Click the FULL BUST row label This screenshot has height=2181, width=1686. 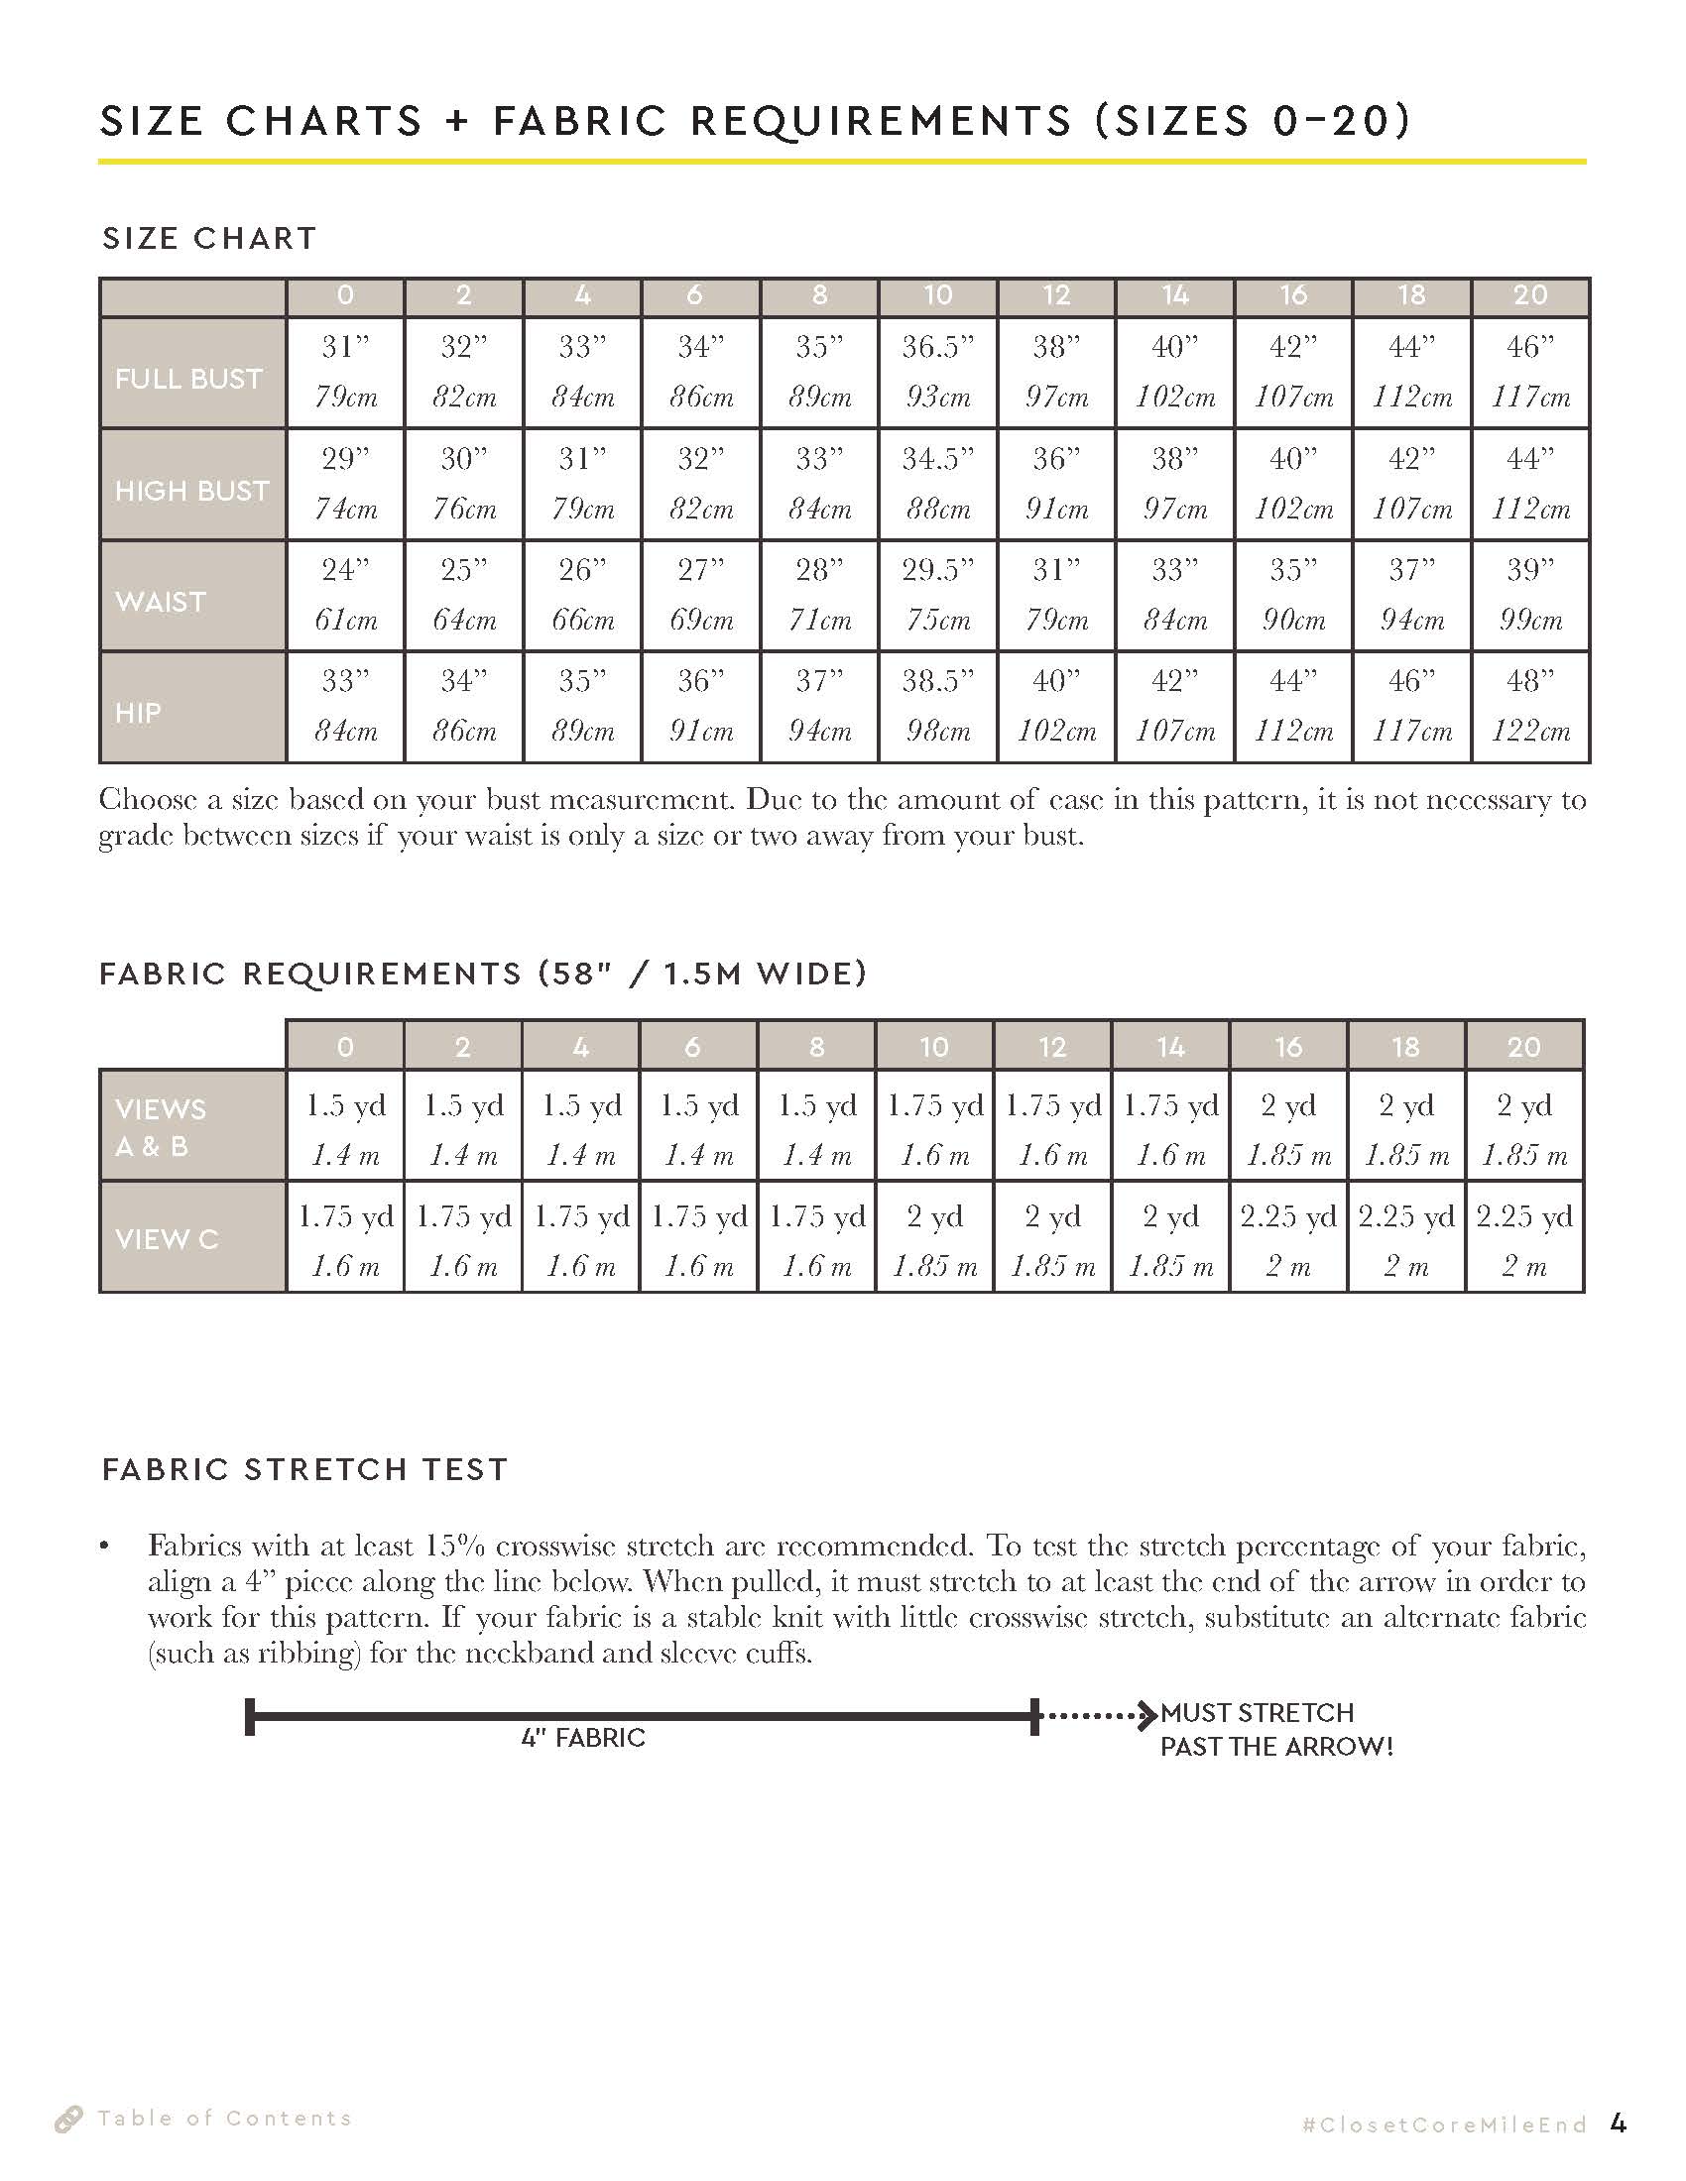pos(188,379)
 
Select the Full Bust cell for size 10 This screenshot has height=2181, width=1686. pos(937,373)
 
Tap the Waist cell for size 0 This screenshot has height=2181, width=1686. pos(345,595)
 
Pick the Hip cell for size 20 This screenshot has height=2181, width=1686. pos(1530,706)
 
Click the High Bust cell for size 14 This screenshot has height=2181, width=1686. pos(1174,485)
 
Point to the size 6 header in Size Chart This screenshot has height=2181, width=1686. pos(700,295)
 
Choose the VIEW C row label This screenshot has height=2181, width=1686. pos(167,1238)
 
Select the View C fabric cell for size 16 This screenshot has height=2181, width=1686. pos(1288,1238)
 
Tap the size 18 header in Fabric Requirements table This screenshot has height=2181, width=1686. pos(1406,1047)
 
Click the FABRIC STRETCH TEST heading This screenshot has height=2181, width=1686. pos(305,1469)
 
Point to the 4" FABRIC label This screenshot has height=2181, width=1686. pos(583,1738)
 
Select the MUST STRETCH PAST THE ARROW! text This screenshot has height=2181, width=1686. pos(1275,1730)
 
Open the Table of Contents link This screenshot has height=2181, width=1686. pos(225,2119)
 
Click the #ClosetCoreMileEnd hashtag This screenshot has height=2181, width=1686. pos(1444,2125)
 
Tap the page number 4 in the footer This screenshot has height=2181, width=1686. pos(1620,2124)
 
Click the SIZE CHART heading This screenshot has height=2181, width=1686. pos(209,239)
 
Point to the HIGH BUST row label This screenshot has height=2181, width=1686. pos(191,491)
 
